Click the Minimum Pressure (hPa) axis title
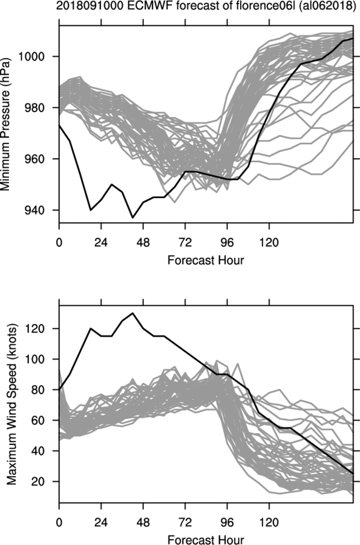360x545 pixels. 6,124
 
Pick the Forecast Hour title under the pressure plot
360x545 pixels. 206,260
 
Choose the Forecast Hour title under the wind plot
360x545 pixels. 206,540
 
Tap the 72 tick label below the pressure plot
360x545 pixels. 185,242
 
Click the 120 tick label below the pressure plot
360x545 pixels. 269,242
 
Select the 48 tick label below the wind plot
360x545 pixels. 143,522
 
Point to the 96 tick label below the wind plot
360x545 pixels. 227,522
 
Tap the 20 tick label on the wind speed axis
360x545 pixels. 39,481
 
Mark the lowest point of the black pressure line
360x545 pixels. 133,217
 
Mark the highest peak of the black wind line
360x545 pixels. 133,313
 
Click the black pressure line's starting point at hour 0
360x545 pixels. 59,125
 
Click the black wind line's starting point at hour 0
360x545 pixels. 59,389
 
